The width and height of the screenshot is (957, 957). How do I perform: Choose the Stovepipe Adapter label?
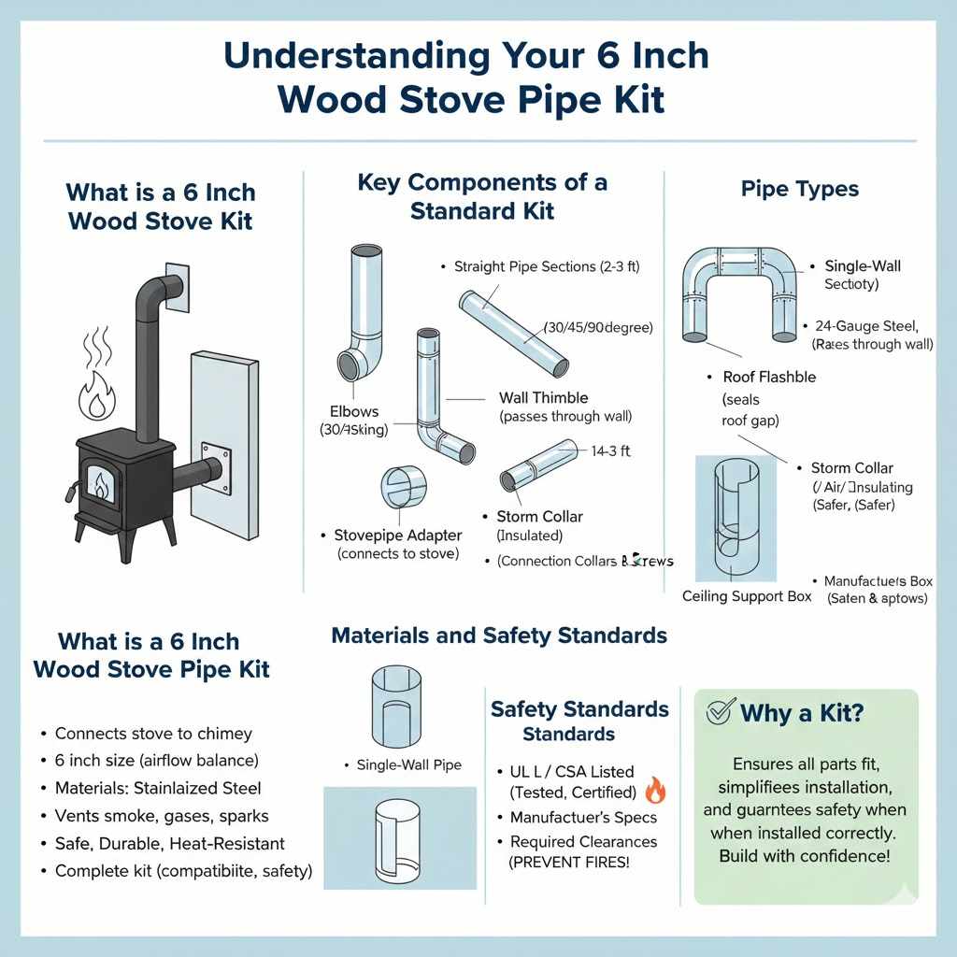pyautogui.click(x=398, y=536)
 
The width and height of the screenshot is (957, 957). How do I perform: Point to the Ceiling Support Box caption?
pyautogui.click(x=747, y=596)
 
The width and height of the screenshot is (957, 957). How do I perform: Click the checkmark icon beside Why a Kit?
pyautogui.click(x=718, y=712)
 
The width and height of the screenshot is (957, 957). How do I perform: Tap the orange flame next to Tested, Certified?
pyautogui.click(x=655, y=792)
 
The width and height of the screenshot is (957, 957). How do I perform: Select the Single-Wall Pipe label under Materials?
pyautogui.click(x=408, y=765)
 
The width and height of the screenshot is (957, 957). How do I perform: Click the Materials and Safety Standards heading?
pyautogui.click(x=499, y=636)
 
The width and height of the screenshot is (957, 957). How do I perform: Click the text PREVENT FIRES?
pyautogui.click(x=568, y=862)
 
